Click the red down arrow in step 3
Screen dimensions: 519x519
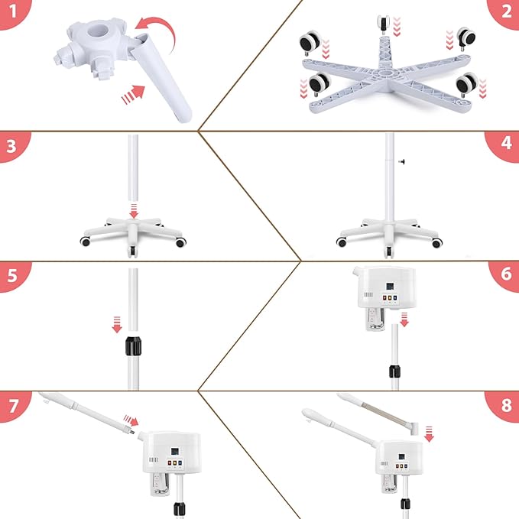(134, 209)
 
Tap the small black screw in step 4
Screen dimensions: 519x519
(400, 161)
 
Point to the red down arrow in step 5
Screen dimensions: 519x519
(117, 326)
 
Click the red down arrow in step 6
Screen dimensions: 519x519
(404, 318)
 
